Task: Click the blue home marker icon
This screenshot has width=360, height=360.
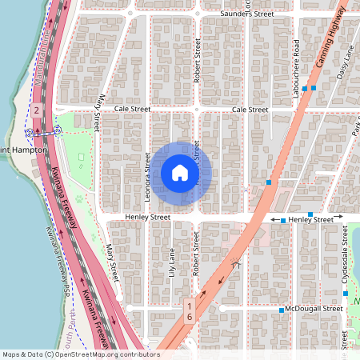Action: tap(180, 173)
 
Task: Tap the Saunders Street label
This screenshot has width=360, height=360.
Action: tap(247, 14)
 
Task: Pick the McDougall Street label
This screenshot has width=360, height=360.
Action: tap(317, 310)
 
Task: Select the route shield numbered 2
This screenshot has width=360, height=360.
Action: tap(37, 110)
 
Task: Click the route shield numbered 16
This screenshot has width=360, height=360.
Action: tap(190, 311)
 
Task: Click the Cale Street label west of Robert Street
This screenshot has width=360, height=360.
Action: tap(132, 109)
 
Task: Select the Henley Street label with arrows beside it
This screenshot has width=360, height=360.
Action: tap(310, 219)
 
